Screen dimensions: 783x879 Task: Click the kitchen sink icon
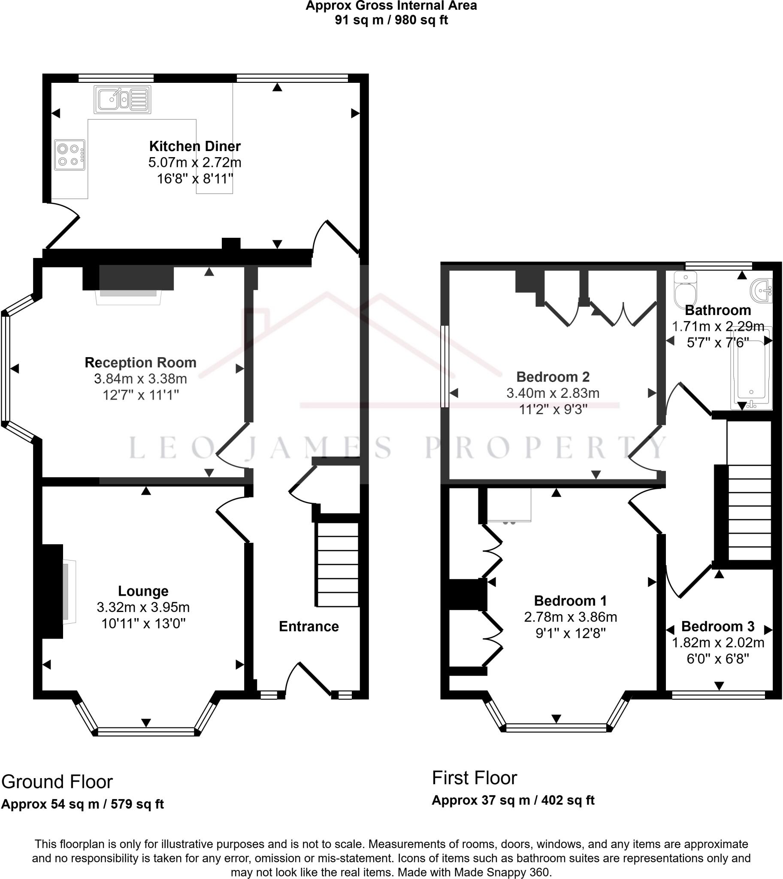click(x=123, y=100)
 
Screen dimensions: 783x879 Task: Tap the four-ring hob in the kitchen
click(x=70, y=155)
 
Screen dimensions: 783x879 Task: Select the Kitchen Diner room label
click(x=195, y=146)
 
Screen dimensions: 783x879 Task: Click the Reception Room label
click(x=141, y=362)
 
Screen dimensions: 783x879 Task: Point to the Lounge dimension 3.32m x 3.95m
click(x=143, y=607)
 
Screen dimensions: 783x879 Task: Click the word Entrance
click(x=309, y=626)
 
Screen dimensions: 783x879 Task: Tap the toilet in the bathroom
click(x=686, y=289)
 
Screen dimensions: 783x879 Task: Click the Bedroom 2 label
click(x=553, y=377)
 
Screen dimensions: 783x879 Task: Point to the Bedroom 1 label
click(x=571, y=600)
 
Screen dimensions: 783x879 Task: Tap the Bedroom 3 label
click(x=718, y=626)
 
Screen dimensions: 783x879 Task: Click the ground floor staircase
click(x=338, y=564)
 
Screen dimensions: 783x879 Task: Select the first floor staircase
click(x=749, y=512)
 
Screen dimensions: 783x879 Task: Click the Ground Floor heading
click(x=57, y=782)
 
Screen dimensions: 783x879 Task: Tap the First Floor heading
click(x=475, y=778)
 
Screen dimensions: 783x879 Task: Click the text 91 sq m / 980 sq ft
click(x=391, y=20)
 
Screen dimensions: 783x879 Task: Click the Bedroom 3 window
click(x=719, y=695)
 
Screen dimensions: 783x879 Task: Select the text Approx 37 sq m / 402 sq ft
click(x=513, y=800)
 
